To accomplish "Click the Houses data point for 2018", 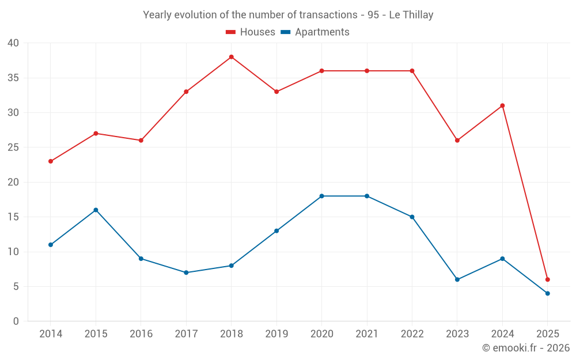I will (231, 57).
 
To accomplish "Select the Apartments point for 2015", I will (96, 210).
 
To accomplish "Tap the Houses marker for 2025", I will (548, 279).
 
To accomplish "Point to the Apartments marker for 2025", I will (548, 293).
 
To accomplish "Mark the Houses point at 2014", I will (51, 161).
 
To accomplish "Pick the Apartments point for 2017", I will (186, 272).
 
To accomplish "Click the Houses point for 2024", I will (502, 105).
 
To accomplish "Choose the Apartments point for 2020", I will (321, 196).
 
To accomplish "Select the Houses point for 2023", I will (457, 141).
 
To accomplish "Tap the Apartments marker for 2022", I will (412, 217).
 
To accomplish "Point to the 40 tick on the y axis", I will (13, 43).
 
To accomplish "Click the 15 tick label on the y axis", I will (13, 217).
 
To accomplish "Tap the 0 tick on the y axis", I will (16, 321).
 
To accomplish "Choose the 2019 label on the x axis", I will (276, 334).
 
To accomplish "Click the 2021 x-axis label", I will (367, 334).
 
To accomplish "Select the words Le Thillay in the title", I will (411, 15).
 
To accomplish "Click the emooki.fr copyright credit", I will (526, 348).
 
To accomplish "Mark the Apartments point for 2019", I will (276, 231).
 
